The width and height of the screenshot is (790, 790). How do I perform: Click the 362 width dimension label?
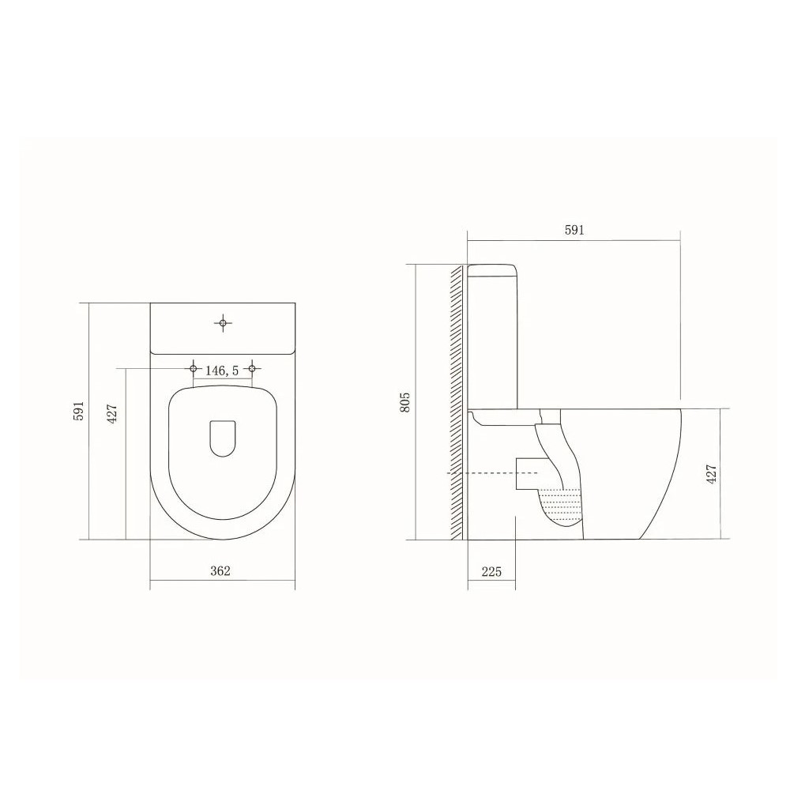[x=220, y=571]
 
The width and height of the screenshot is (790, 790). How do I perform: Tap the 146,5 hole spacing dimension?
[x=222, y=371]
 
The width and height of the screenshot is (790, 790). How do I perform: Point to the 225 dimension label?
[x=491, y=571]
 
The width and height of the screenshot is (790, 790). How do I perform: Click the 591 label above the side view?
[x=574, y=230]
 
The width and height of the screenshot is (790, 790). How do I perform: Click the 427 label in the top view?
[x=112, y=413]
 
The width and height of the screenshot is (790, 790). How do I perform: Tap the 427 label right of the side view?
[x=712, y=474]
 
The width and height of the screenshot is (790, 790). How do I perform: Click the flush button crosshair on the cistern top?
[x=224, y=322]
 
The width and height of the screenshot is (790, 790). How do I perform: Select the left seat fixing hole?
[x=193, y=369]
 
